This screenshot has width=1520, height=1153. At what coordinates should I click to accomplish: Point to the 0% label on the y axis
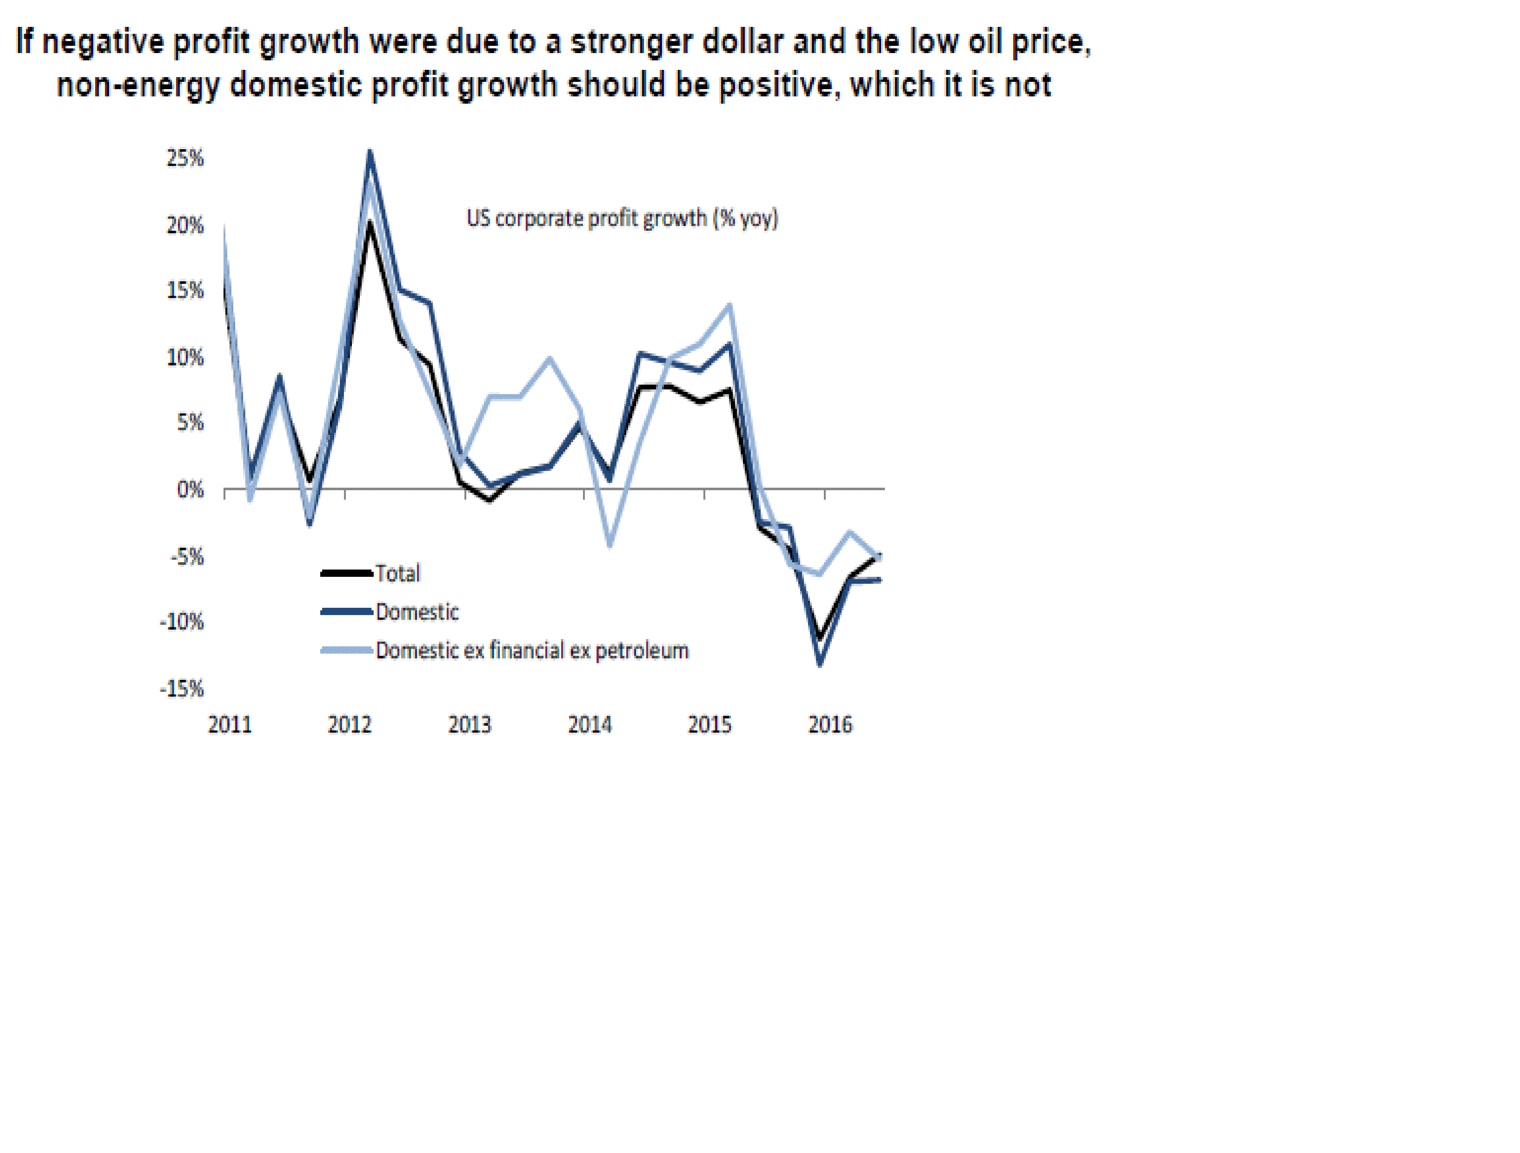pos(190,490)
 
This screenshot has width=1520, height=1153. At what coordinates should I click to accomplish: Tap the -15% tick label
pos(182,689)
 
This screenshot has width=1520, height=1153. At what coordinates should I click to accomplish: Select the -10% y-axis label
pos(182,623)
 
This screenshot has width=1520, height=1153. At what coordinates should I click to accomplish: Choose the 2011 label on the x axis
pos(230,725)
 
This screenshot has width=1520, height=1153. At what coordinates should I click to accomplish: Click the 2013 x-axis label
pos(470,725)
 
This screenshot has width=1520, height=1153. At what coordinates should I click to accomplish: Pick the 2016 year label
pos(830,725)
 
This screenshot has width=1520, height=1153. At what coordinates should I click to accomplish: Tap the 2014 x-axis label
pos(590,725)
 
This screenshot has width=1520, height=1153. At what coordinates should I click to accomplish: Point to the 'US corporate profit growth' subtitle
pos(622,218)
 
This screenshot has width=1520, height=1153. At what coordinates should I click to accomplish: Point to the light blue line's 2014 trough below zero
pos(610,546)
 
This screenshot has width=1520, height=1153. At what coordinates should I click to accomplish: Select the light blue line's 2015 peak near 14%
pos(729,305)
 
